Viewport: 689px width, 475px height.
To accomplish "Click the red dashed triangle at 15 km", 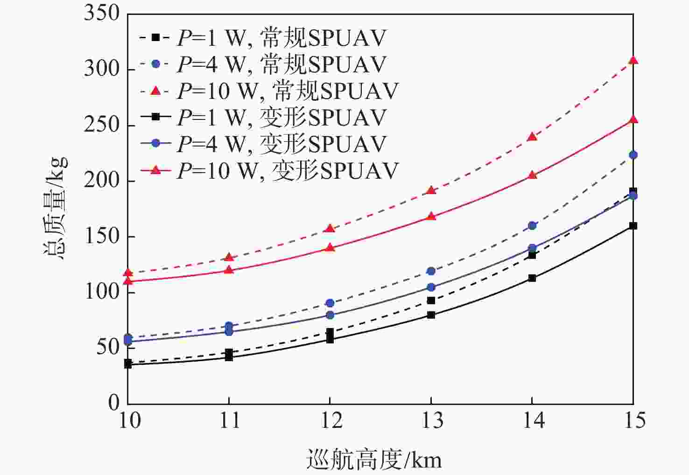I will click(x=633, y=60).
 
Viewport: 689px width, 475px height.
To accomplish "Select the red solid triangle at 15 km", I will click(x=633, y=120).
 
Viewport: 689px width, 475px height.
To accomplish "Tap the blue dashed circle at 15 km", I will click(x=633, y=155).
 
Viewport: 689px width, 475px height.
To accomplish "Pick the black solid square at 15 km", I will click(x=633, y=226).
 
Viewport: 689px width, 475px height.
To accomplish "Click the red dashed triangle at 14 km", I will click(x=532, y=137).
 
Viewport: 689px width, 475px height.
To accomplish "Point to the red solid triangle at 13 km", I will click(x=431, y=217).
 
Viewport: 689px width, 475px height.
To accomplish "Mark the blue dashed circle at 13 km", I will click(x=431, y=271).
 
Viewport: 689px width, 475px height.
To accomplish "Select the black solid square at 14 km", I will click(x=532, y=278).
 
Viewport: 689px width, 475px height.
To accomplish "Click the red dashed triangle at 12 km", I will click(x=330, y=229).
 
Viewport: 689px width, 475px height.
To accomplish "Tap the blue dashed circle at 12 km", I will click(x=330, y=303).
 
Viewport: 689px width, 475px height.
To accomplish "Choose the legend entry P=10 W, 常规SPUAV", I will click(x=269, y=91).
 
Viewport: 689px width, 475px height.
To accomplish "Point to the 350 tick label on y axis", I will click(x=102, y=13).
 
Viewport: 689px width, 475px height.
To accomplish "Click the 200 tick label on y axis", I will click(x=102, y=181).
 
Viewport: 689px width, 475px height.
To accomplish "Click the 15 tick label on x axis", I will click(x=634, y=421).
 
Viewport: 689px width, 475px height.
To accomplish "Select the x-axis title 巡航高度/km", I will click(x=373, y=460).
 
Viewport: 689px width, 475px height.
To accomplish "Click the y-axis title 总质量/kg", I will click(x=56, y=208).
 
